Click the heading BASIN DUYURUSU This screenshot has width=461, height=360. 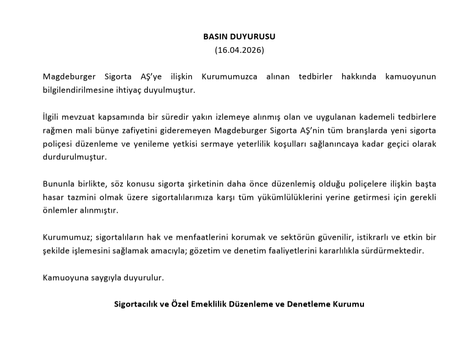[x=239, y=37]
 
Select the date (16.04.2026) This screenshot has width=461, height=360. [x=239, y=50]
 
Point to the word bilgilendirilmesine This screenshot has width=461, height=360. [x=79, y=90]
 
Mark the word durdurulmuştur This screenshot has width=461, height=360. [x=75, y=157]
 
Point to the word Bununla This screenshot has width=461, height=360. [x=59, y=184]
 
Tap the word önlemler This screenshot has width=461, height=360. [x=59, y=211]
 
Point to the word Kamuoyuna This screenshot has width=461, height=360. [x=63, y=277]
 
